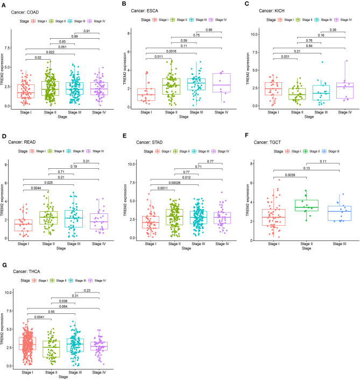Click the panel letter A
3,4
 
